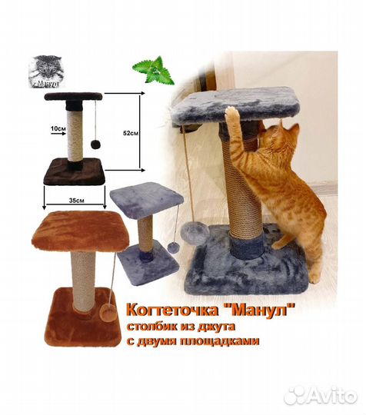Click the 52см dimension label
point(130,133)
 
